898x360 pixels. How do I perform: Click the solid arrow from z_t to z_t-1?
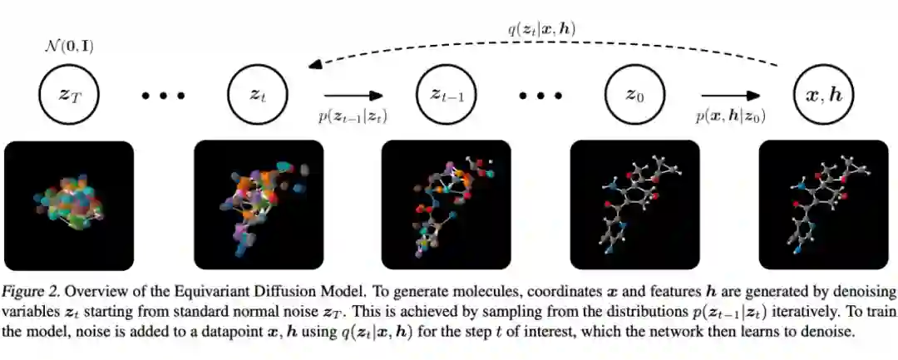(x=353, y=95)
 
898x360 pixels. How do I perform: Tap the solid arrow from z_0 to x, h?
(x=730, y=95)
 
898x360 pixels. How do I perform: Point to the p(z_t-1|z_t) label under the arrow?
(x=353, y=116)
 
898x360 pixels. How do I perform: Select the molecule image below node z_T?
(x=69, y=205)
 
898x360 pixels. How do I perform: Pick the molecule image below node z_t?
(x=258, y=205)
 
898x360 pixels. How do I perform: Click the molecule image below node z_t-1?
(x=446, y=205)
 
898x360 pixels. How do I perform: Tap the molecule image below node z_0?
(x=634, y=205)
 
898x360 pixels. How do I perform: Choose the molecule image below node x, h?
(x=823, y=205)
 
